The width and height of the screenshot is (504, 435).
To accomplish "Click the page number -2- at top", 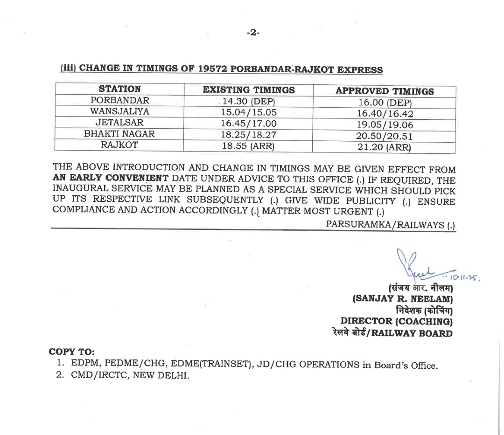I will tap(253, 33).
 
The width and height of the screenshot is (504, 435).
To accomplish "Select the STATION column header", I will tap(120, 89).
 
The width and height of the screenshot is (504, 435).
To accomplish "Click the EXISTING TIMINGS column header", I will tap(249, 90).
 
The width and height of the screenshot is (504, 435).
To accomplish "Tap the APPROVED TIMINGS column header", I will tap(385, 91).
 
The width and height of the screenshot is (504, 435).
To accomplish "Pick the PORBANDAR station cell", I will tap(120, 100).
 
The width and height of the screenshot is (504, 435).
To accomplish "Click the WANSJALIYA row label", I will tap(119, 111).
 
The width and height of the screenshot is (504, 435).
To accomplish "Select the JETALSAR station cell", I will tap(119, 123).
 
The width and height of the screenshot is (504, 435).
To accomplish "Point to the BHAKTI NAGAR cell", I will tap(119, 134).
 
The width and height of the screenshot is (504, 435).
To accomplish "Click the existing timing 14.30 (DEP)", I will tap(249, 101).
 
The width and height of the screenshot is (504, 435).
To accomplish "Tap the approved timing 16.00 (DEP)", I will tap(385, 103).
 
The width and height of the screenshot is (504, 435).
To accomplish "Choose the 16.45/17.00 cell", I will tap(249, 124).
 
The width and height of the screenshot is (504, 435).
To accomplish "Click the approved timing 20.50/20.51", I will tap(385, 137).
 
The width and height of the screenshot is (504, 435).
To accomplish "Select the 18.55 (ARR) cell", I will tap(249, 146).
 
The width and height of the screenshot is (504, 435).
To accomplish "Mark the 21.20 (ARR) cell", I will tap(385, 148).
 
